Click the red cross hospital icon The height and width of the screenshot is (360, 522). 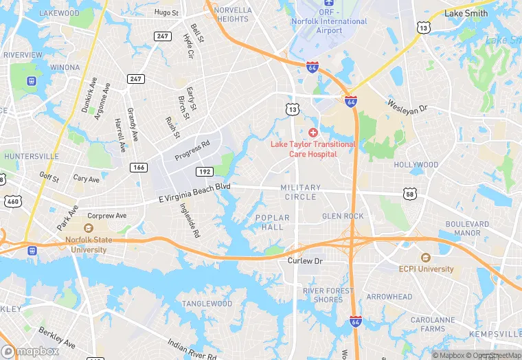[313, 132]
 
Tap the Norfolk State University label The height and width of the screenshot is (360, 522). [87, 245]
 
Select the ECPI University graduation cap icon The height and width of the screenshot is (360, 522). [425, 258]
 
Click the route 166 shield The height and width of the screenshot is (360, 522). [139, 167]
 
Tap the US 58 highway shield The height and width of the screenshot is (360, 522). [410, 194]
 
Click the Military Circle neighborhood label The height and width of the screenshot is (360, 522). [300, 192]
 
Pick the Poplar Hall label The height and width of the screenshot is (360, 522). [273, 223]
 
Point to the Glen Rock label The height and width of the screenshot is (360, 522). [343, 216]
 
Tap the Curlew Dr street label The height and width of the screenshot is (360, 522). [305, 261]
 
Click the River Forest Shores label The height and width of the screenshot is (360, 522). [328, 295]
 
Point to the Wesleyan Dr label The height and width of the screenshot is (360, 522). [407, 108]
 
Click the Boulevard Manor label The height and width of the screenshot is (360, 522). [466, 229]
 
